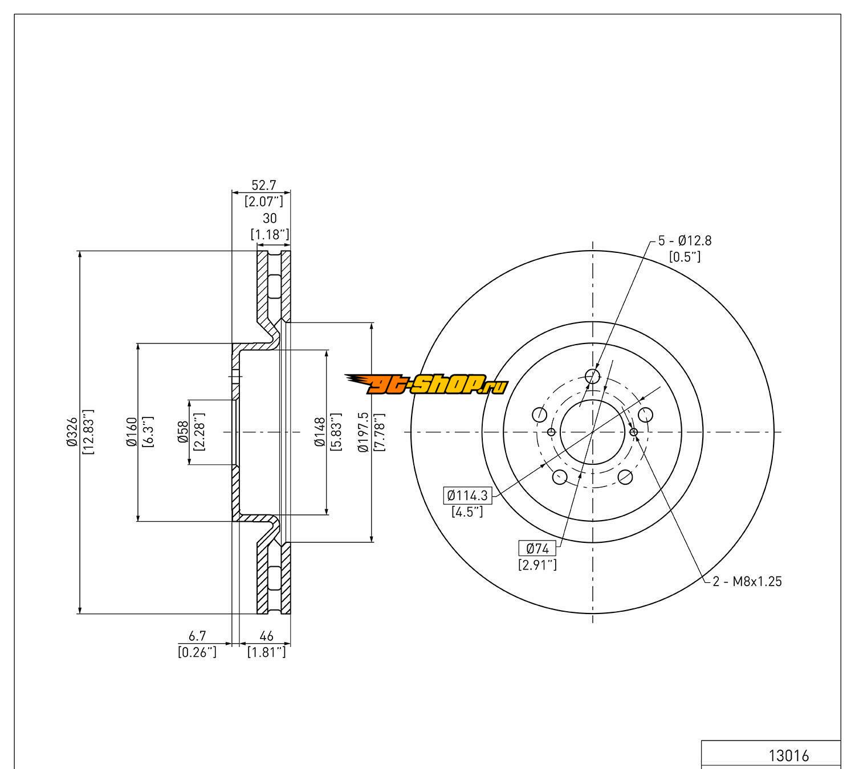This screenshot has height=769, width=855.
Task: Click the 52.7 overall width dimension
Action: tap(264, 185)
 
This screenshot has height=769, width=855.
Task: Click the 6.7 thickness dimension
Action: tap(197, 636)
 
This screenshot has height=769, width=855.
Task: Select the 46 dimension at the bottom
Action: tap(266, 636)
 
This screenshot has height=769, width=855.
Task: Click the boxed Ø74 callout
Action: tap(538, 549)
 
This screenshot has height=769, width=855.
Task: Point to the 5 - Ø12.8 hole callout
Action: tap(685, 241)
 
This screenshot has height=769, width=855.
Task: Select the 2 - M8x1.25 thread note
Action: tap(747, 582)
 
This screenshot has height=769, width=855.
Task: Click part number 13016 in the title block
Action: tap(789, 756)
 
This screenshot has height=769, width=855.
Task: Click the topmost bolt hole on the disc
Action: tap(593, 376)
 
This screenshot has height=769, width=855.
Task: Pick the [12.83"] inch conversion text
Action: tap(88, 432)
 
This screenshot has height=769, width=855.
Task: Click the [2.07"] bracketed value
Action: tap(264, 201)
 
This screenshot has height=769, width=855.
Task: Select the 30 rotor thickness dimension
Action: tap(270, 218)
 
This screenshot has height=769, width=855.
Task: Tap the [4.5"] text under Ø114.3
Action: tap(467, 512)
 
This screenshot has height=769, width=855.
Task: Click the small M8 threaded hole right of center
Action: tap(634, 432)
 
